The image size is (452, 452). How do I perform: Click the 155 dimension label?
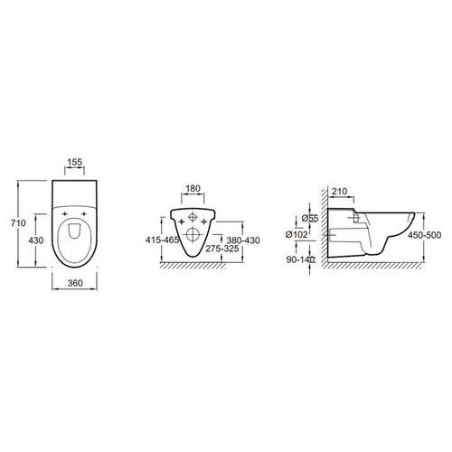tap(74, 162)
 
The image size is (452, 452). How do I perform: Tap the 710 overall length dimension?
tap(18, 223)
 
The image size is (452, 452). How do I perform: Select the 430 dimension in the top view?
tap(36, 240)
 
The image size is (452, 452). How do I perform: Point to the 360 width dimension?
tap(75, 283)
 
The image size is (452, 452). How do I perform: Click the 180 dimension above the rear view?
tap(193, 189)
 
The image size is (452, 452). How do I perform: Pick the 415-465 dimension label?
tap(162, 240)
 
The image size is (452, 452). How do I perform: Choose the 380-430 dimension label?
tap(243, 240)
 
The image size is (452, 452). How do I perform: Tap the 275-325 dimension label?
tap(222, 249)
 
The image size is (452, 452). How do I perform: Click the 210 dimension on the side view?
tap(340, 192)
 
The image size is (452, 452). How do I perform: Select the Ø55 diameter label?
tap(310, 219)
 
